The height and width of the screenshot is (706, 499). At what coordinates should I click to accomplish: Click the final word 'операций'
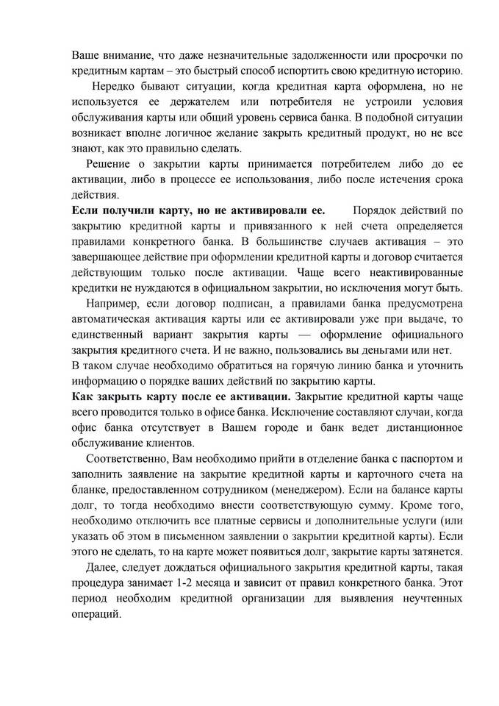pos(95,615)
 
